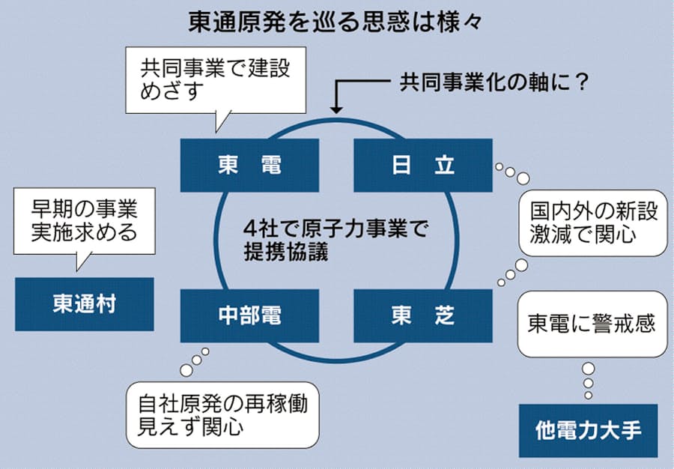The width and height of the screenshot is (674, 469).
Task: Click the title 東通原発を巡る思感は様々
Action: pos(337,20)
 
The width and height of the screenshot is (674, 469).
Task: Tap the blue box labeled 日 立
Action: pos(422,166)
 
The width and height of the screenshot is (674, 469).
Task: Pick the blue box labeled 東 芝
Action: pos(422,316)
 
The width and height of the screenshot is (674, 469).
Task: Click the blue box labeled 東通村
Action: pos(84,303)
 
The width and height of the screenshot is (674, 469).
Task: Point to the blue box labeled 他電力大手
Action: pos(588,431)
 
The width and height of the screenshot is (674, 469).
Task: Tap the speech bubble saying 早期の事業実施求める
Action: pos(85,221)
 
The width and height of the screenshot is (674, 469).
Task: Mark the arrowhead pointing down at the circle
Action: pos(336,109)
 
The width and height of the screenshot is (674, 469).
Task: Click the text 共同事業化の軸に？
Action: pos(494,81)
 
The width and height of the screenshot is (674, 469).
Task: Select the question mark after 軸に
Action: pos(578,81)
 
